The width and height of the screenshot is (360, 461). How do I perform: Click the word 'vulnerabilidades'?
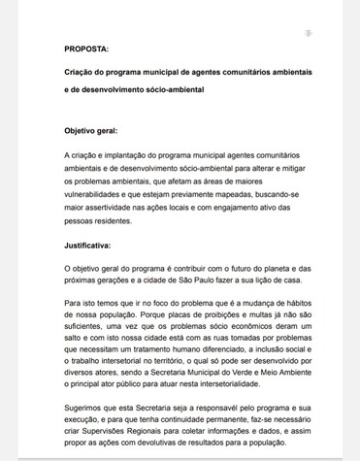tap(100, 194)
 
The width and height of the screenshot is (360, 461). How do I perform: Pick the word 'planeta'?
tap(271, 265)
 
